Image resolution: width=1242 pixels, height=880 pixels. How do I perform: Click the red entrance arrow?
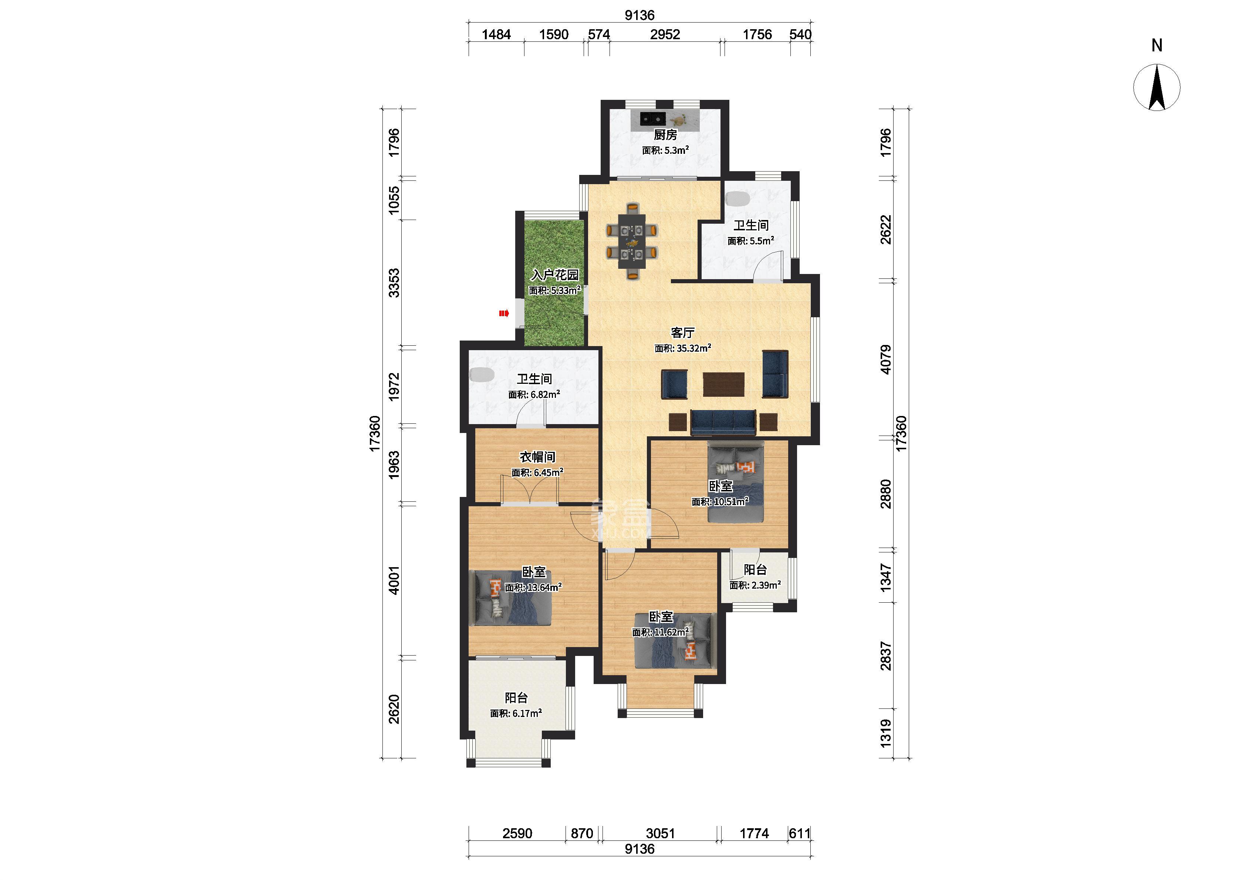tap(504, 313)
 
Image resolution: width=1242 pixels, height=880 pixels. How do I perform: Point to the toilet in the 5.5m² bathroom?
tap(738, 198)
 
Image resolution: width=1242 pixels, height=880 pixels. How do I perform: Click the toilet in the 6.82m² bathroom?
tap(482, 375)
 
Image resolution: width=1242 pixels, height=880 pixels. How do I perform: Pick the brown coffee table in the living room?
tap(723, 384)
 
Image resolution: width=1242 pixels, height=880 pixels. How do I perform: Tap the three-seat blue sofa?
tap(723, 422)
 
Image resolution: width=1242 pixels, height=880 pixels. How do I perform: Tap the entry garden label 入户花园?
tap(554, 275)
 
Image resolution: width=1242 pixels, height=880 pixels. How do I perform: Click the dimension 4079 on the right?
tap(885, 359)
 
